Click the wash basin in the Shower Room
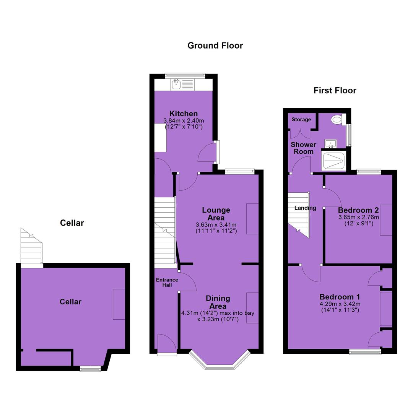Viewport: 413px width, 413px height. pos(330,143)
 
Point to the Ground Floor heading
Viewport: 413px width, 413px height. pos(215,46)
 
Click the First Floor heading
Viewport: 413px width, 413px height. pos(335,91)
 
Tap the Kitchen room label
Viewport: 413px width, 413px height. pos(183,114)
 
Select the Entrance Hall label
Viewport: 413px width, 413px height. pos(167,282)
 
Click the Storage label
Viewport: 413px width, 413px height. pos(301,120)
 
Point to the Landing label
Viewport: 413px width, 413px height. pos(305,208)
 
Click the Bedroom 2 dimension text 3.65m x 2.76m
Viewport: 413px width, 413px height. pos(358,217)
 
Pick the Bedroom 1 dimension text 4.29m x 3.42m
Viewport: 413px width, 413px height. pos(340,304)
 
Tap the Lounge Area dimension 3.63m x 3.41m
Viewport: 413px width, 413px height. pos(216,225)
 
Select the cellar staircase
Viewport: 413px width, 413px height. pos(31,246)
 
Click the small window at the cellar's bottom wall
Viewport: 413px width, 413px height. pos(90,369)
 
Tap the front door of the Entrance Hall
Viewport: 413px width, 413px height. pos(167,344)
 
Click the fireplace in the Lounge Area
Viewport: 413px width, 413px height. pos(252,219)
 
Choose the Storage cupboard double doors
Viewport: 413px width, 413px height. pos(300,133)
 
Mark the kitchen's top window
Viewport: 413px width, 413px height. pos(185,76)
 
